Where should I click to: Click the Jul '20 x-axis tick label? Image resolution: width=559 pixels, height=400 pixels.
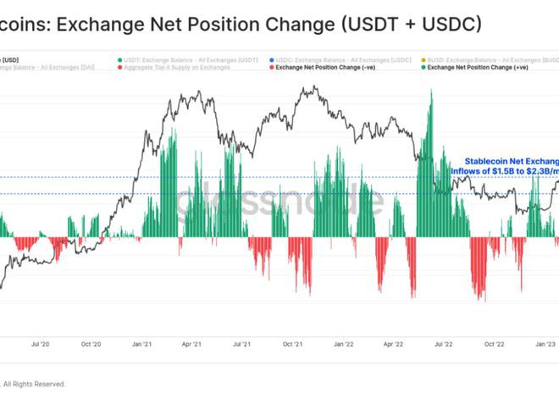coord(40,345)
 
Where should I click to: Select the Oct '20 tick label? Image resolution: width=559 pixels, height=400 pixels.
coord(91,345)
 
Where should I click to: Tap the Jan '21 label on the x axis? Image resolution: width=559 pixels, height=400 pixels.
coord(141,345)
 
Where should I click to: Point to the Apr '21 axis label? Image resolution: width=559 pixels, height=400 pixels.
coord(191,345)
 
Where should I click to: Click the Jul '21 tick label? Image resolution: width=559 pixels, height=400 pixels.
coord(242,345)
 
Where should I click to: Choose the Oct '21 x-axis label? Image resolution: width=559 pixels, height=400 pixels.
coord(293,345)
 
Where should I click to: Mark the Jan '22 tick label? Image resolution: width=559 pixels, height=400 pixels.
coord(343,345)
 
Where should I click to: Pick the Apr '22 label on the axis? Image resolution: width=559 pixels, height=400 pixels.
coord(393,345)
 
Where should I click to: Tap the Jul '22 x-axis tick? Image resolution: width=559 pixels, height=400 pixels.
coord(443,345)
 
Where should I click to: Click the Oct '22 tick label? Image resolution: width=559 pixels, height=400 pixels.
coord(494,345)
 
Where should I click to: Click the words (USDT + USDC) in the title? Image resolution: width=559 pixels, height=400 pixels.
coord(409,25)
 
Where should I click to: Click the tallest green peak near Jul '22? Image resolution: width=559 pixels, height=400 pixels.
coord(432,92)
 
